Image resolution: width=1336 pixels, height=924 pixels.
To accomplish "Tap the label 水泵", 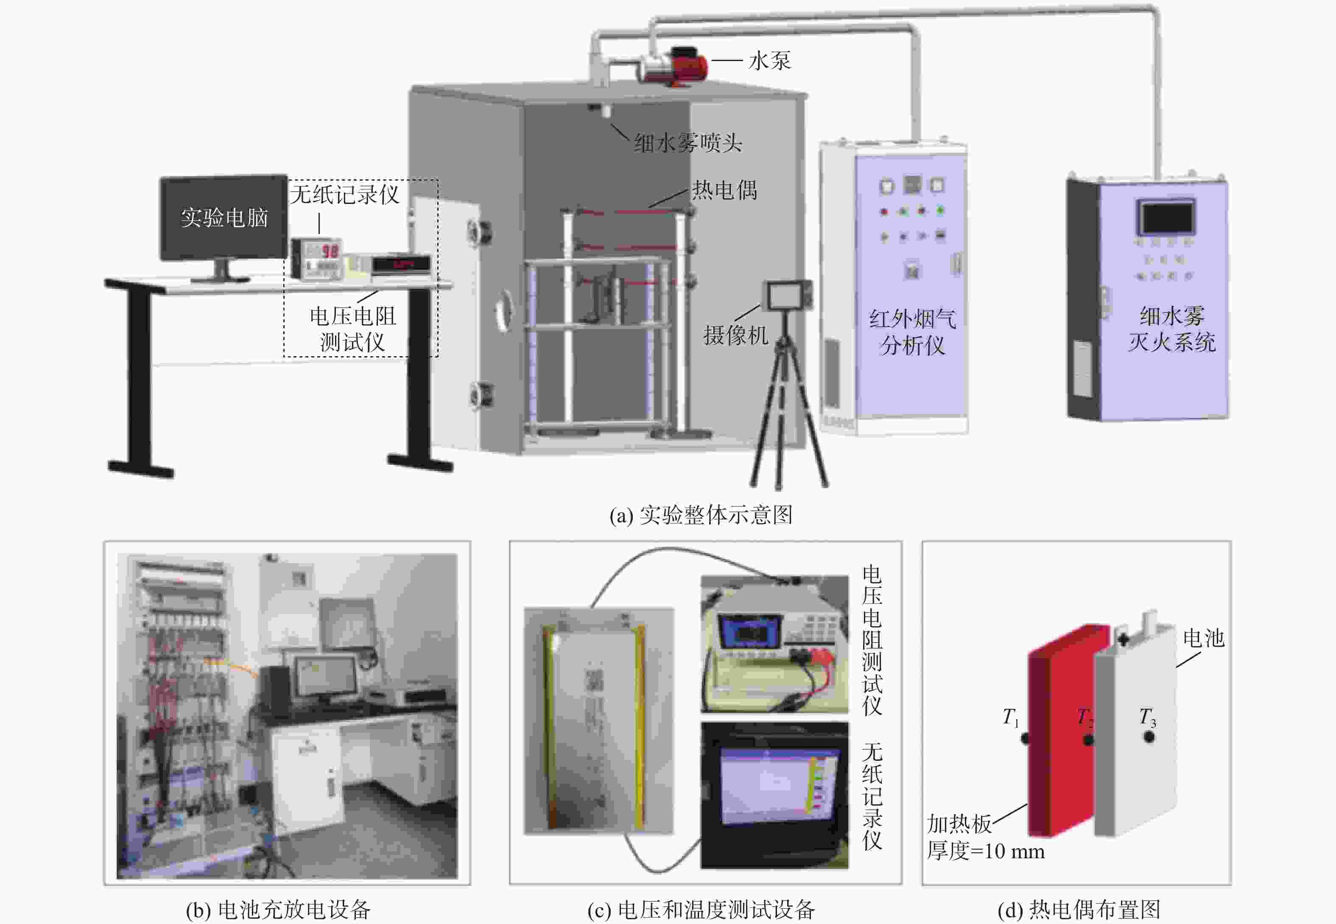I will tap(769, 60).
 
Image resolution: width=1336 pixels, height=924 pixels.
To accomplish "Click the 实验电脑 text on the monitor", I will tap(224, 217).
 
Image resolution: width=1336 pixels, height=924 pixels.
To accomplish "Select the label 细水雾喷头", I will tap(688, 142).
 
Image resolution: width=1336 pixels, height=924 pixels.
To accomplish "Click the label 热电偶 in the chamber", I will tap(724, 190).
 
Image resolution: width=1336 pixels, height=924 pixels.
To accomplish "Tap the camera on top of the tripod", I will tap(788, 296).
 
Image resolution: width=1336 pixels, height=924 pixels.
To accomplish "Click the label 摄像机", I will tap(735, 335).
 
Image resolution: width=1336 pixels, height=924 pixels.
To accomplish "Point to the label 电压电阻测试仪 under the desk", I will tap(353, 329).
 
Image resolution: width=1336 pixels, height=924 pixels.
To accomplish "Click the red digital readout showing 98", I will tap(330, 251).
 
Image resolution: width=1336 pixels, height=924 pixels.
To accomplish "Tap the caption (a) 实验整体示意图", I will tap(701, 515).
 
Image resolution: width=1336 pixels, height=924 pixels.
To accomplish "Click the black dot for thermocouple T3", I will tap(1149, 737).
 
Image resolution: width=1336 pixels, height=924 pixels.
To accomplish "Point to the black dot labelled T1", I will tap(1025, 738).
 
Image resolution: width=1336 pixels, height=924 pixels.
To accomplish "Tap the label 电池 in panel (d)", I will tap(1203, 639).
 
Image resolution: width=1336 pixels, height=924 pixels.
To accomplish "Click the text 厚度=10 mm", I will tap(986, 851).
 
